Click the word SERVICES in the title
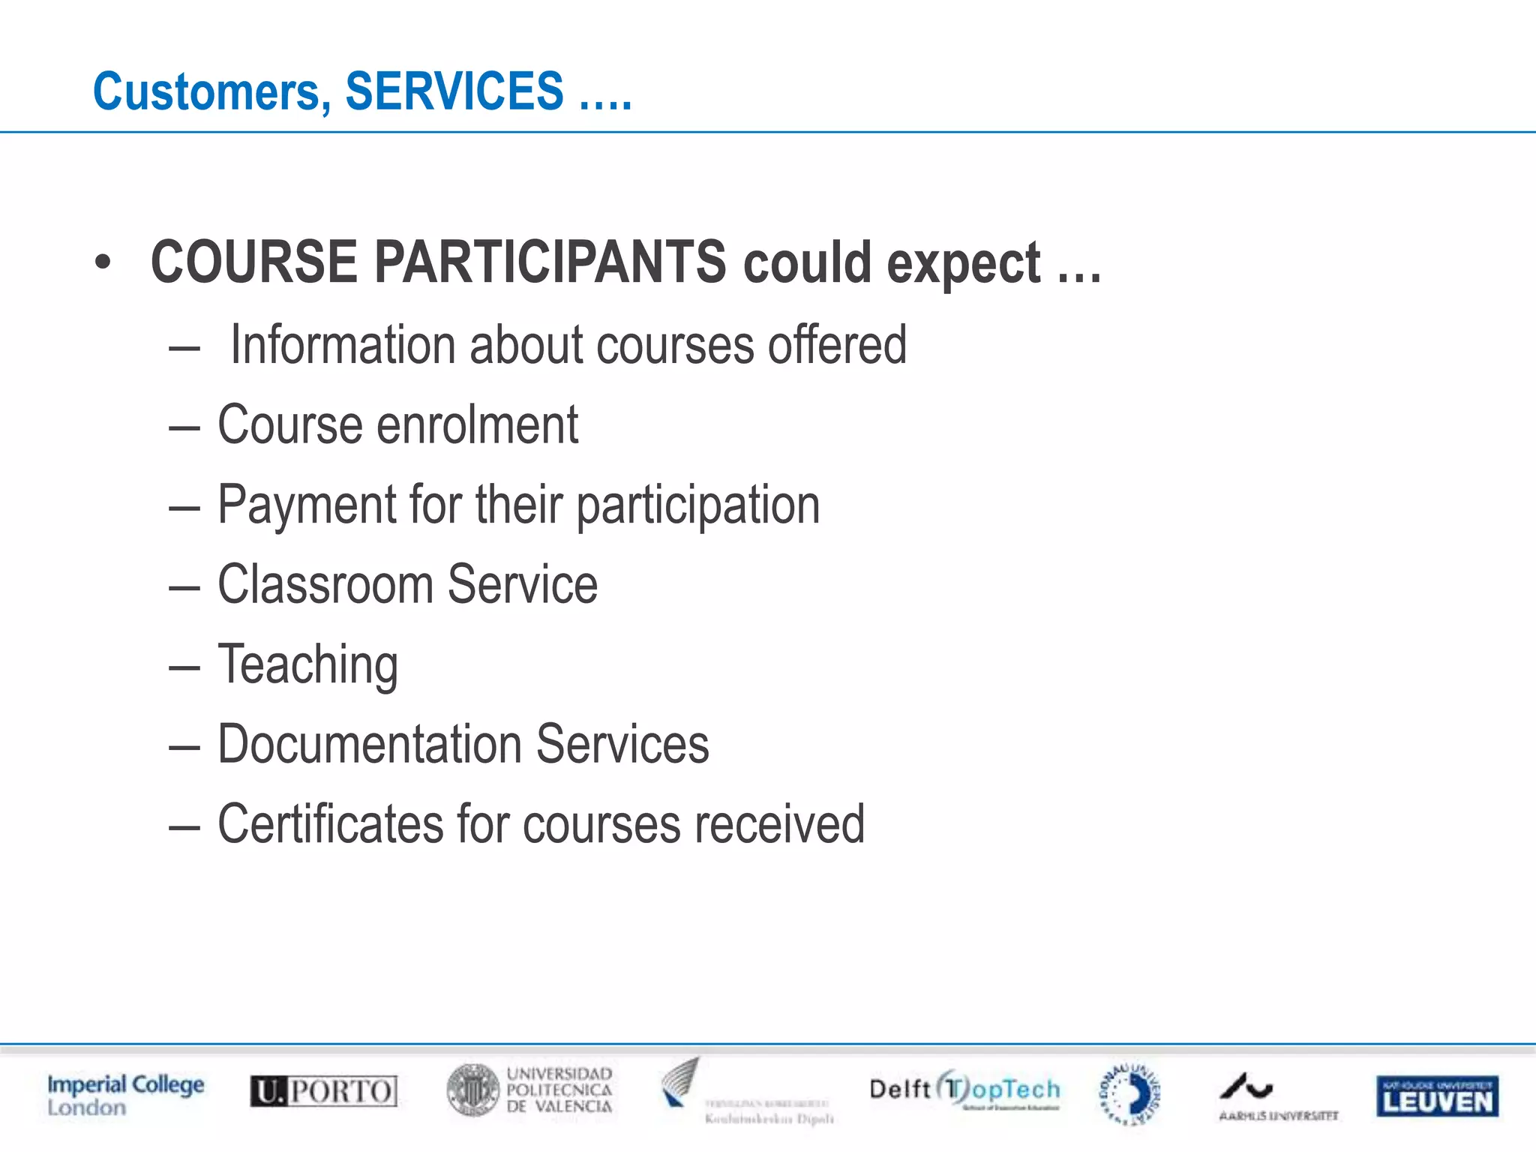pyautogui.click(x=454, y=91)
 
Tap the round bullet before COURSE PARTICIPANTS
pyautogui.click(x=103, y=262)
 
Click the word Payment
pyautogui.click(x=306, y=505)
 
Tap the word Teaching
pyautogui.click(x=307, y=665)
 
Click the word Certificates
pyautogui.click(x=330, y=824)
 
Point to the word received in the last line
pyautogui.click(x=779, y=824)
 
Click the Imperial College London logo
pyautogui.click(x=125, y=1095)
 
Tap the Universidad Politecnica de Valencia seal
pyautogui.click(x=472, y=1090)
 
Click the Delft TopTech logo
pyautogui.click(x=964, y=1090)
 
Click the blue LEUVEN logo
pyautogui.click(x=1436, y=1096)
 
